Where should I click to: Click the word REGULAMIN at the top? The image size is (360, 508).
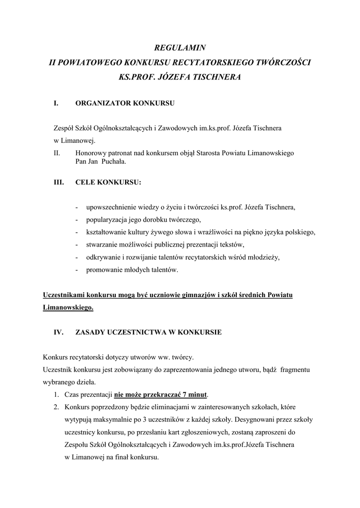click(x=180, y=48)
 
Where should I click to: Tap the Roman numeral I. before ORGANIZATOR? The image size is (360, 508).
click(x=56, y=104)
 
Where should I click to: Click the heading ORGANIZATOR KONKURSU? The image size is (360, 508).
click(x=124, y=104)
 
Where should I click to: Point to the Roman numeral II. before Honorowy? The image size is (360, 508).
click(x=57, y=153)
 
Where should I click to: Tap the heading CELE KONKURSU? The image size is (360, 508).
click(x=108, y=182)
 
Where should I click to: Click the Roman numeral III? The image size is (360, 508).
click(x=59, y=182)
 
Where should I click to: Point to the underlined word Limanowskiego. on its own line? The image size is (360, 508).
click(x=68, y=308)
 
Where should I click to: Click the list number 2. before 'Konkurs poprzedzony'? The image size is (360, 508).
click(x=57, y=407)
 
